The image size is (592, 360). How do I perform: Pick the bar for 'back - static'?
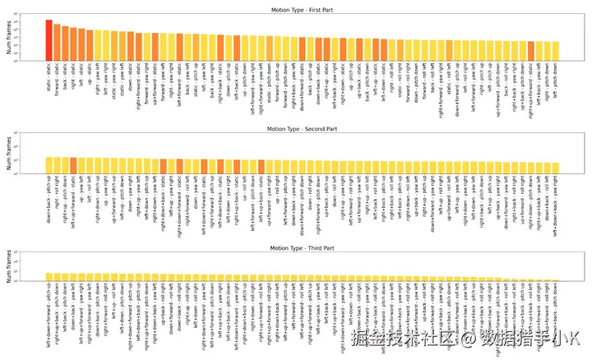[65, 42]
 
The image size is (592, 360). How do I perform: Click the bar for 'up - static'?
[90, 44]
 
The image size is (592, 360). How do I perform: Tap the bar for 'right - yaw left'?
[98, 45]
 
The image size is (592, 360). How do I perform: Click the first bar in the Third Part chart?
[49, 278]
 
